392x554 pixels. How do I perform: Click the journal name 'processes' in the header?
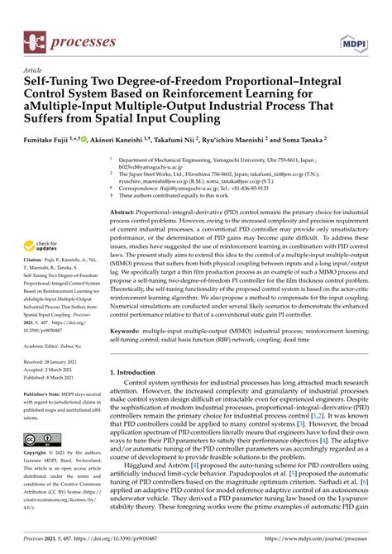(x=82, y=40)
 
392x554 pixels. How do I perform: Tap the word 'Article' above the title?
(x=33, y=71)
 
